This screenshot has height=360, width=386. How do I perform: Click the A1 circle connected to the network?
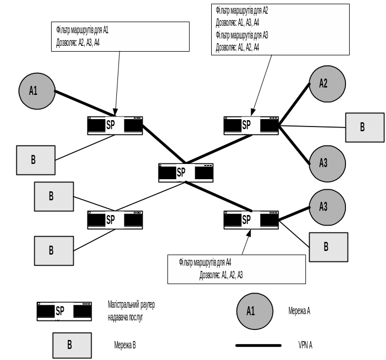coord(37,91)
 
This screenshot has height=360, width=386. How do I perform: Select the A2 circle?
coord(327,83)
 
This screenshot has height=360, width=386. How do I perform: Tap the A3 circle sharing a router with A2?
coord(327,163)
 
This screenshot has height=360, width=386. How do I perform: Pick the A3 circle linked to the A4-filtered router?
coord(327,207)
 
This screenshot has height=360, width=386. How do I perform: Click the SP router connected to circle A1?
coord(115,125)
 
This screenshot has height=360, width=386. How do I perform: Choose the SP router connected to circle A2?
coord(251,125)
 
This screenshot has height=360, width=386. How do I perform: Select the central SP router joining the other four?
coord(186,172)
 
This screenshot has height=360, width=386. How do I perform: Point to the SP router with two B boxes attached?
coord(115,219)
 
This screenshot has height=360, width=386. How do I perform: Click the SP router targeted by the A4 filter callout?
coord(251,219)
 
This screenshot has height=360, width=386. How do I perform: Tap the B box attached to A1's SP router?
coord(35,160)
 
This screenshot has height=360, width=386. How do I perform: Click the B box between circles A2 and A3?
coord(364,128)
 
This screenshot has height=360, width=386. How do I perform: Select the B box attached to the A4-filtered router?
coord(328,247)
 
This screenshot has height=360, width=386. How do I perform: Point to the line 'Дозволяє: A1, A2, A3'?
coord(221,275)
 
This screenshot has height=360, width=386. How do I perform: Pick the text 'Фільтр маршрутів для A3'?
coord(242,35)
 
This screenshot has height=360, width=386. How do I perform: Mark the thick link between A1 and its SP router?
coord(84,104)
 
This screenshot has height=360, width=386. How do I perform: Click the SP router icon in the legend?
coord(64,311)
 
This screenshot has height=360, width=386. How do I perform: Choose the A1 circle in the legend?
coord(255,311)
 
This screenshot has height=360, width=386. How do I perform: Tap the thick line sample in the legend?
coord(258,346)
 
